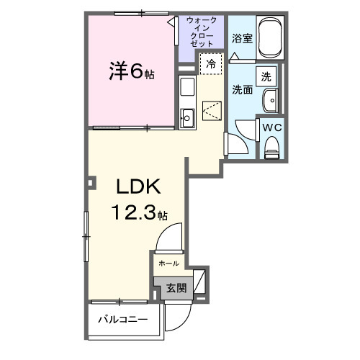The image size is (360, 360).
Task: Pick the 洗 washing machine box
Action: tap(266, 76)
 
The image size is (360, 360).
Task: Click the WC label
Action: tap(271, 127)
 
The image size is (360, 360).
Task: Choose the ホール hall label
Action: tap(168, 264)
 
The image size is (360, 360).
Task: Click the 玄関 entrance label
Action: tap(176, 288)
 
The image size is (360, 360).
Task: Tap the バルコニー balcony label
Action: tap(123, 319)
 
